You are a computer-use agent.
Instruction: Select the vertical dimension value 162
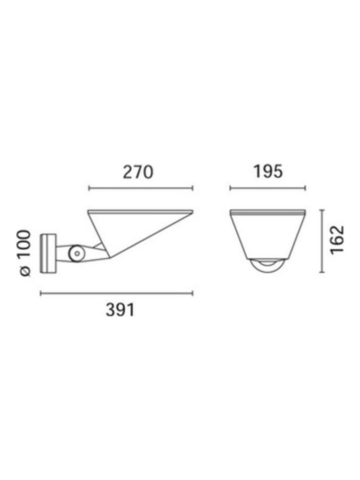tap(337, 240)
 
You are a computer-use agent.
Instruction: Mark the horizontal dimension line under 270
tap(140, 188)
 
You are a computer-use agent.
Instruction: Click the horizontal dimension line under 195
tap(267, 188)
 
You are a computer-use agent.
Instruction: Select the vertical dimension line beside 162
tap(322, 241)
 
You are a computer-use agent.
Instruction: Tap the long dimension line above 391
tap(116, 293)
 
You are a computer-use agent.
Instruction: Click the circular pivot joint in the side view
tap(76, 254)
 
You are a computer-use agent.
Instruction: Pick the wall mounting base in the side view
tap(49, 253)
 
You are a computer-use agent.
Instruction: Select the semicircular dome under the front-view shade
tap(267, 267)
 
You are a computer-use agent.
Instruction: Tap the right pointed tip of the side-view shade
tap(192, 211)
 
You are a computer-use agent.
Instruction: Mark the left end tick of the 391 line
tap(41, 293)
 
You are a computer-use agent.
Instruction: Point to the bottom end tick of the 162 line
tap(322, 273)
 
